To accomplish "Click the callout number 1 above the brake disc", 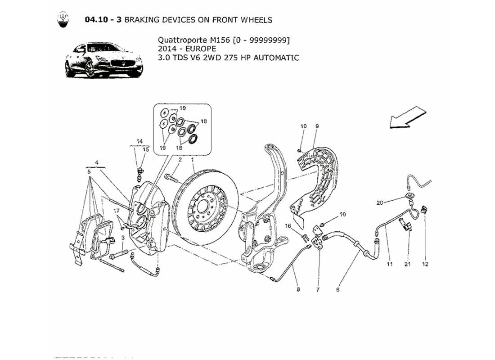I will tap(192, 160).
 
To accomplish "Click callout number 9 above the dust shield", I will tap(317, 126).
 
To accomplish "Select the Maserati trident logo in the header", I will tap(63, 20).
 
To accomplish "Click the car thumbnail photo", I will tap(103, 61).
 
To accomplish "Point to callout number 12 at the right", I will tap(425, 264).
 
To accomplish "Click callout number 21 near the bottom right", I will tap(407, 264).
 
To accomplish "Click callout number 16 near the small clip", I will tap(288, 225).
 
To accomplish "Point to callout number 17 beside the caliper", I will tap(116, 211).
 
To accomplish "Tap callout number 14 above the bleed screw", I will tap(139, 141).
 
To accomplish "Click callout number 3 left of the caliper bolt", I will tap(122, 238).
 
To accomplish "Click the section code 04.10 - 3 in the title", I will tap(103, 20).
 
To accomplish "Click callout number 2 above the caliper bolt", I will tap(180, 160).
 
